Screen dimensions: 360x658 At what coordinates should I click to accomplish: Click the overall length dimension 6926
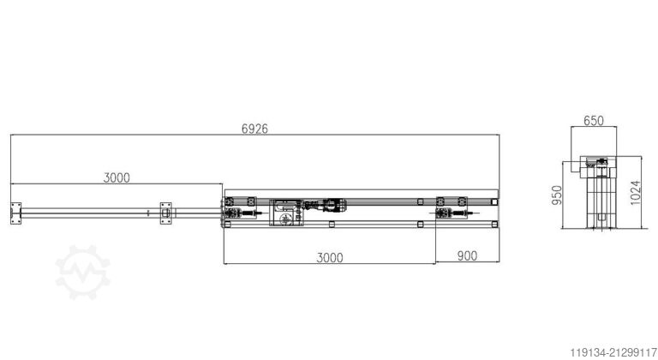[x=255, y=129]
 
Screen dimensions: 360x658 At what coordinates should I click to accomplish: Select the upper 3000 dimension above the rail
[x=117, y=177]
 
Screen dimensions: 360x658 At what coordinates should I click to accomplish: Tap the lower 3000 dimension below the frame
[x=329, y=256]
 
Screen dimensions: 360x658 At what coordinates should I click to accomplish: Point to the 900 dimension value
[x=467, y=256]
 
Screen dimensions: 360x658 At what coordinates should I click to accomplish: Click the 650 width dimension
[x=595, y=122]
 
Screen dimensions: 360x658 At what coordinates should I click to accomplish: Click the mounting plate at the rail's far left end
[x=15, y=210]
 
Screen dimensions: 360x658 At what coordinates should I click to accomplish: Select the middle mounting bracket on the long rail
[x=164, y=210]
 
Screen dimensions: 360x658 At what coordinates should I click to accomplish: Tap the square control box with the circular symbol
[x=285, y=212]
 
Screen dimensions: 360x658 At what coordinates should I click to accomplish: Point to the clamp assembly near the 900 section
[x=452, y=211]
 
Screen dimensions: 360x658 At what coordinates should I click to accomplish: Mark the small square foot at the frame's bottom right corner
[x=494, y=224]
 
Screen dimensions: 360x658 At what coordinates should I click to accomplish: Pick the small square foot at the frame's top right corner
[x=494, y=200]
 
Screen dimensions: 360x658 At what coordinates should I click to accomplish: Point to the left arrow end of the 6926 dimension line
[x=12, y=135]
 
